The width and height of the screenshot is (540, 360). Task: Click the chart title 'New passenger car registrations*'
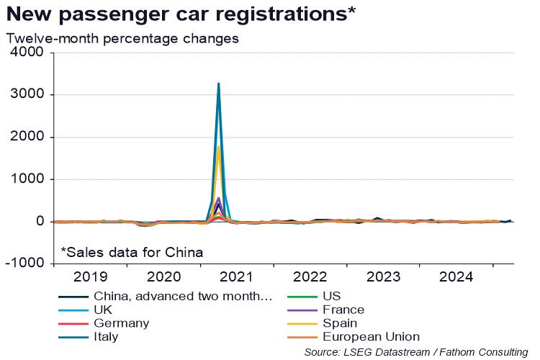(x=181, y=14)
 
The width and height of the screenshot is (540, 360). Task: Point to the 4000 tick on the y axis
(x=27, y=53)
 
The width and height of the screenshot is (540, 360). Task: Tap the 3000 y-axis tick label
(x=27, y=95)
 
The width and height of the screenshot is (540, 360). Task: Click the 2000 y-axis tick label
(x=27, y=137)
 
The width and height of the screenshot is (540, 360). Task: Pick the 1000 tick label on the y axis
(x=27, y=179)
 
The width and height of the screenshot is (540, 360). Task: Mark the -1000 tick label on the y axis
(x=24, y=264)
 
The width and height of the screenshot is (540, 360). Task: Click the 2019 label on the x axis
(x=91, y=276)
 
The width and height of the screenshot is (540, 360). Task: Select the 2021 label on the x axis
(x=237, y=276)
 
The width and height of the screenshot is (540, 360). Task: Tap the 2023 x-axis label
(x=383, y=276)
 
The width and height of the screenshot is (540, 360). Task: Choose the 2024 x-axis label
(x=456, y=276)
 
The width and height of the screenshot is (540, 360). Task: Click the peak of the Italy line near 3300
(x=218, y=84)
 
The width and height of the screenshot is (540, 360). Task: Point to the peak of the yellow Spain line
(x=218, y=147)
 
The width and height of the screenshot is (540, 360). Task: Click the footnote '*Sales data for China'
(x=131, y=252)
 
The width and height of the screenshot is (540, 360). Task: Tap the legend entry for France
(x=343, y=310)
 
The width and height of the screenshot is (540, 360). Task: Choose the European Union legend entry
(x=371, y=336)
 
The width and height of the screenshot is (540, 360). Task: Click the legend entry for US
(x=332, y=296)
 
